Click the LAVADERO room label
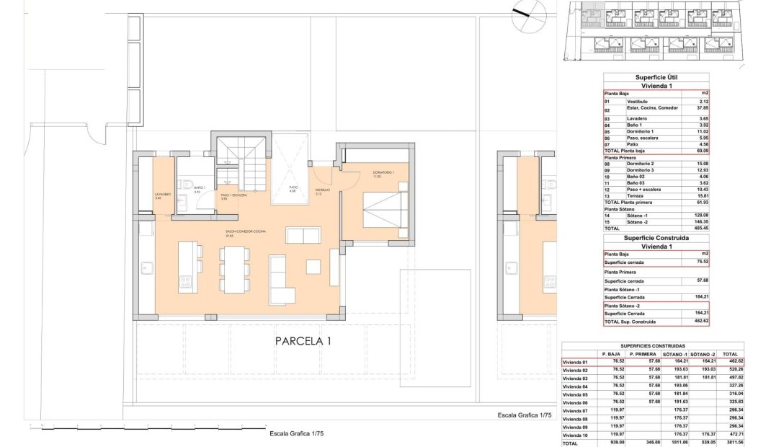point(162,193)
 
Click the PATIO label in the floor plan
point(293,187)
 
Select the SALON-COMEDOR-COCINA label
point(184,231)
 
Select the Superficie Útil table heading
point(656,77)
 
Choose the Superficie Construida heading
point(656,237)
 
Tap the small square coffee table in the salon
point(315,265)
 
